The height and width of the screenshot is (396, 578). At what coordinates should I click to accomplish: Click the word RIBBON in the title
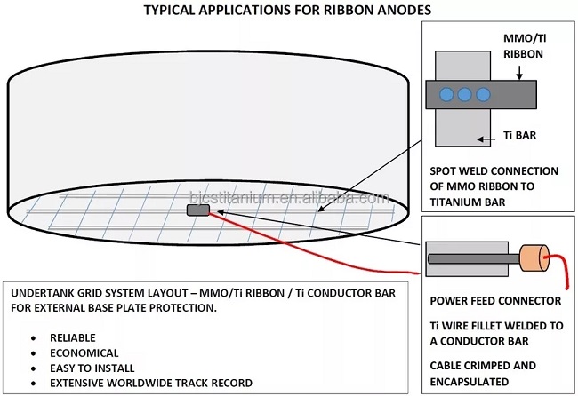tap(334, 11)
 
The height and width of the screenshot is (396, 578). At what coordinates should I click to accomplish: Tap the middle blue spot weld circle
tap(465, 94)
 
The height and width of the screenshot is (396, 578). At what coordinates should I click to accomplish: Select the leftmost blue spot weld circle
tap(447, 94)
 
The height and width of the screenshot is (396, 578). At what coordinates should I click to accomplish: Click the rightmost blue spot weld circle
tap(483, 94)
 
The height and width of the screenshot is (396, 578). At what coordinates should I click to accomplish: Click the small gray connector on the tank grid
tap(197, 210)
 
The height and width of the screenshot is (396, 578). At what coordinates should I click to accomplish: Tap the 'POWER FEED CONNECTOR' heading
tap(495, 300)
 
